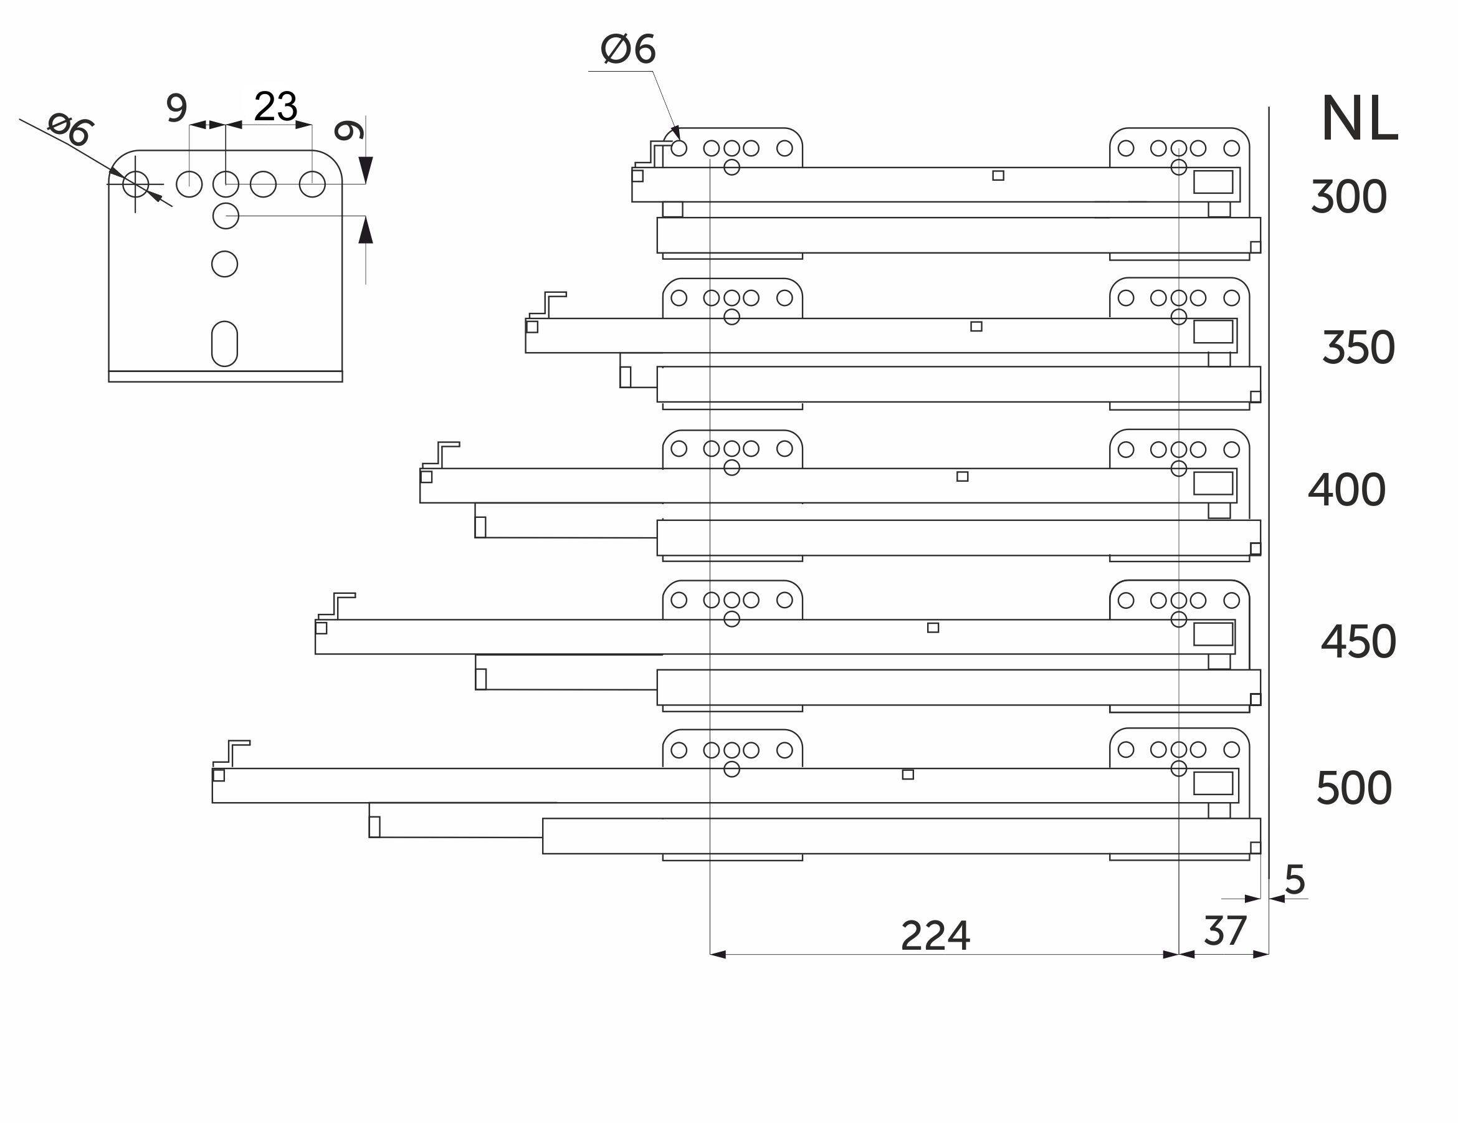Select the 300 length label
1348,198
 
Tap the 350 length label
1358,348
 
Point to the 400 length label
1346,490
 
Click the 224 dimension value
935,936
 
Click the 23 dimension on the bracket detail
275,107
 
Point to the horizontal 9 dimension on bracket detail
177,108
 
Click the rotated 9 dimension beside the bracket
348,131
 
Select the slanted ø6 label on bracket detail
70,130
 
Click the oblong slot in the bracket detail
224,344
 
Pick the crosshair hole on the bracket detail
136,184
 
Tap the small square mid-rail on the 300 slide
998,176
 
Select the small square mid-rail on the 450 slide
933,628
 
